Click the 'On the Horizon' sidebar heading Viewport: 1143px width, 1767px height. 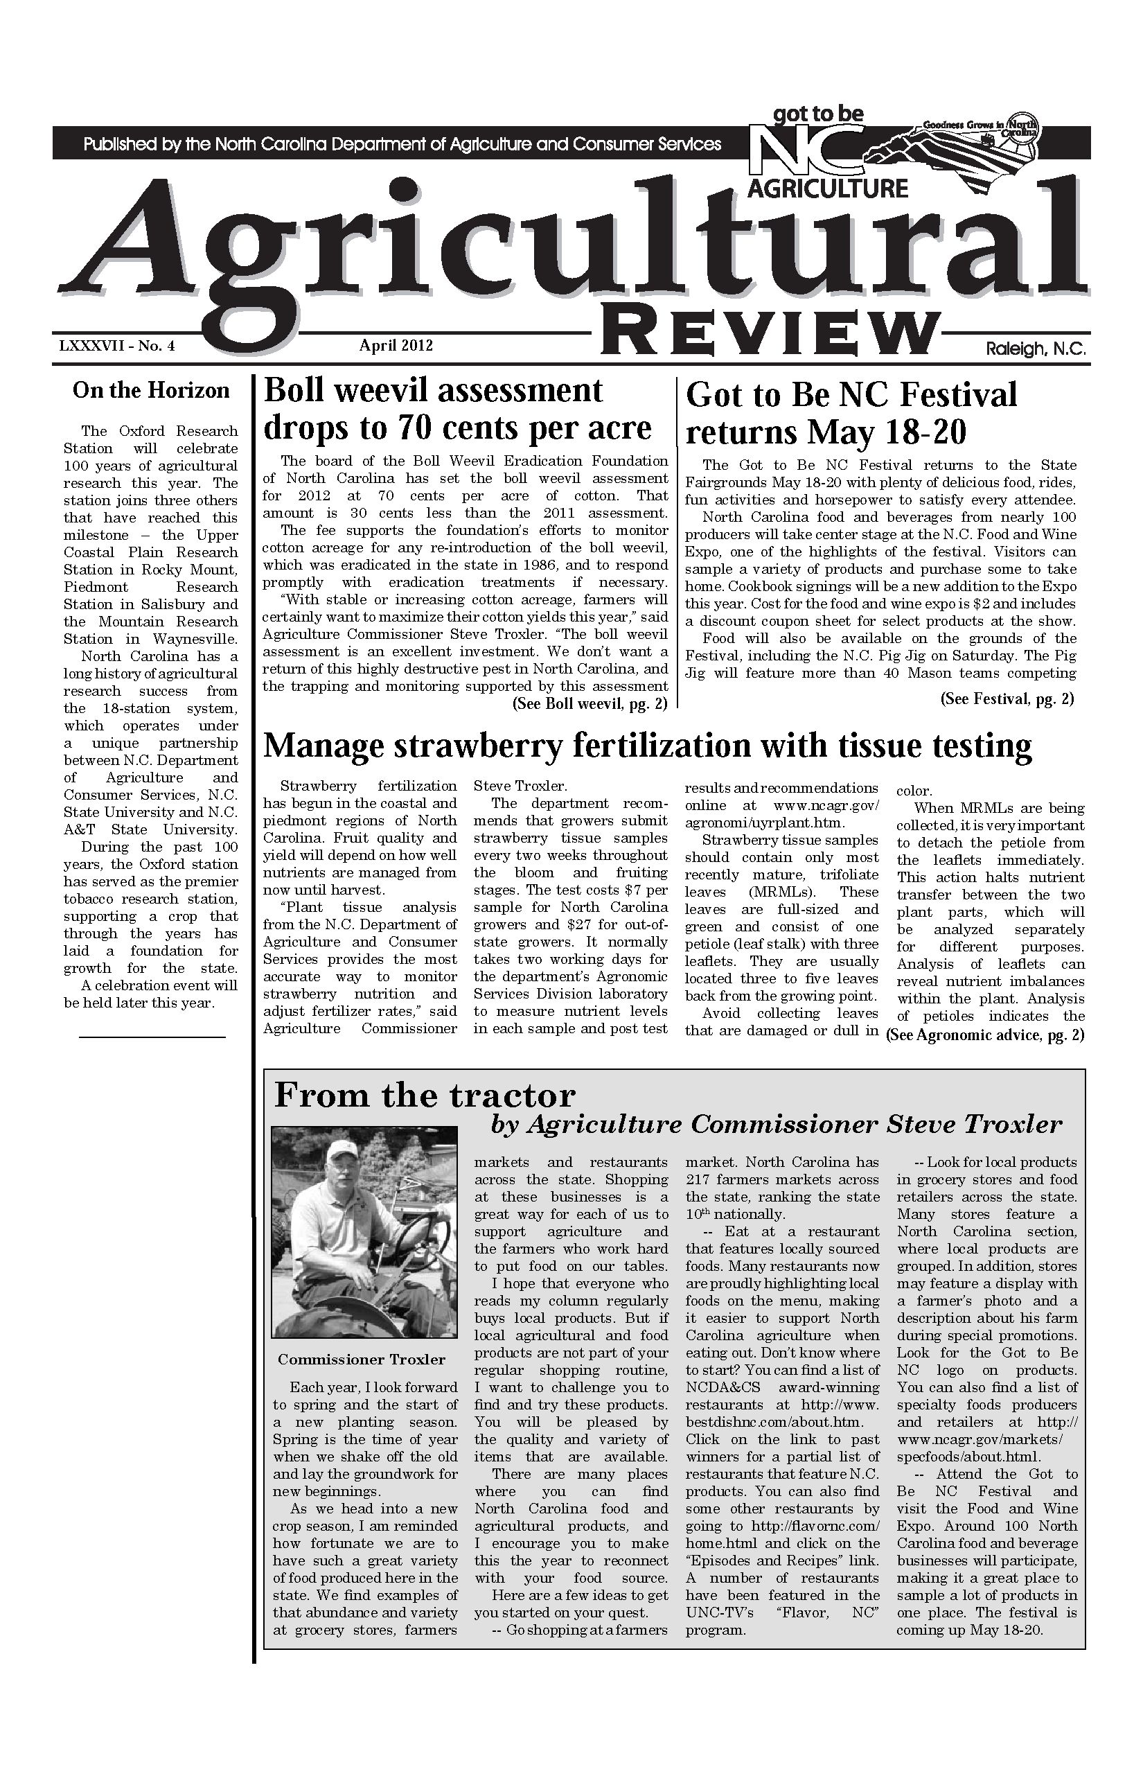click(x=151, y=391)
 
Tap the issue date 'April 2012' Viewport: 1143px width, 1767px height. click(x=396, y=345)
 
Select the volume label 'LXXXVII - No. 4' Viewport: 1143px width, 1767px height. click(x=116, y=346)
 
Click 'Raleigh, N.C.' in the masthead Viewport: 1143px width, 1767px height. click(x=1036, y=348)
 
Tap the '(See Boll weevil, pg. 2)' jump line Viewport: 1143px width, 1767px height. click(x=590, y=704)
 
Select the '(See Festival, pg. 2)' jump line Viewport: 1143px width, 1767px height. click(x=1007, y=698)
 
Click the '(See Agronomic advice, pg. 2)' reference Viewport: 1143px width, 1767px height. click(x=986, y=1035)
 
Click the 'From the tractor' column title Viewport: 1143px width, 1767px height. click(x=425, y=1096)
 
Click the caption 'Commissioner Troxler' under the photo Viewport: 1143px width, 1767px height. click(x=362, y=1360)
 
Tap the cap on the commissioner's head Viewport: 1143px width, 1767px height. click(x=343, y=1152)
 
